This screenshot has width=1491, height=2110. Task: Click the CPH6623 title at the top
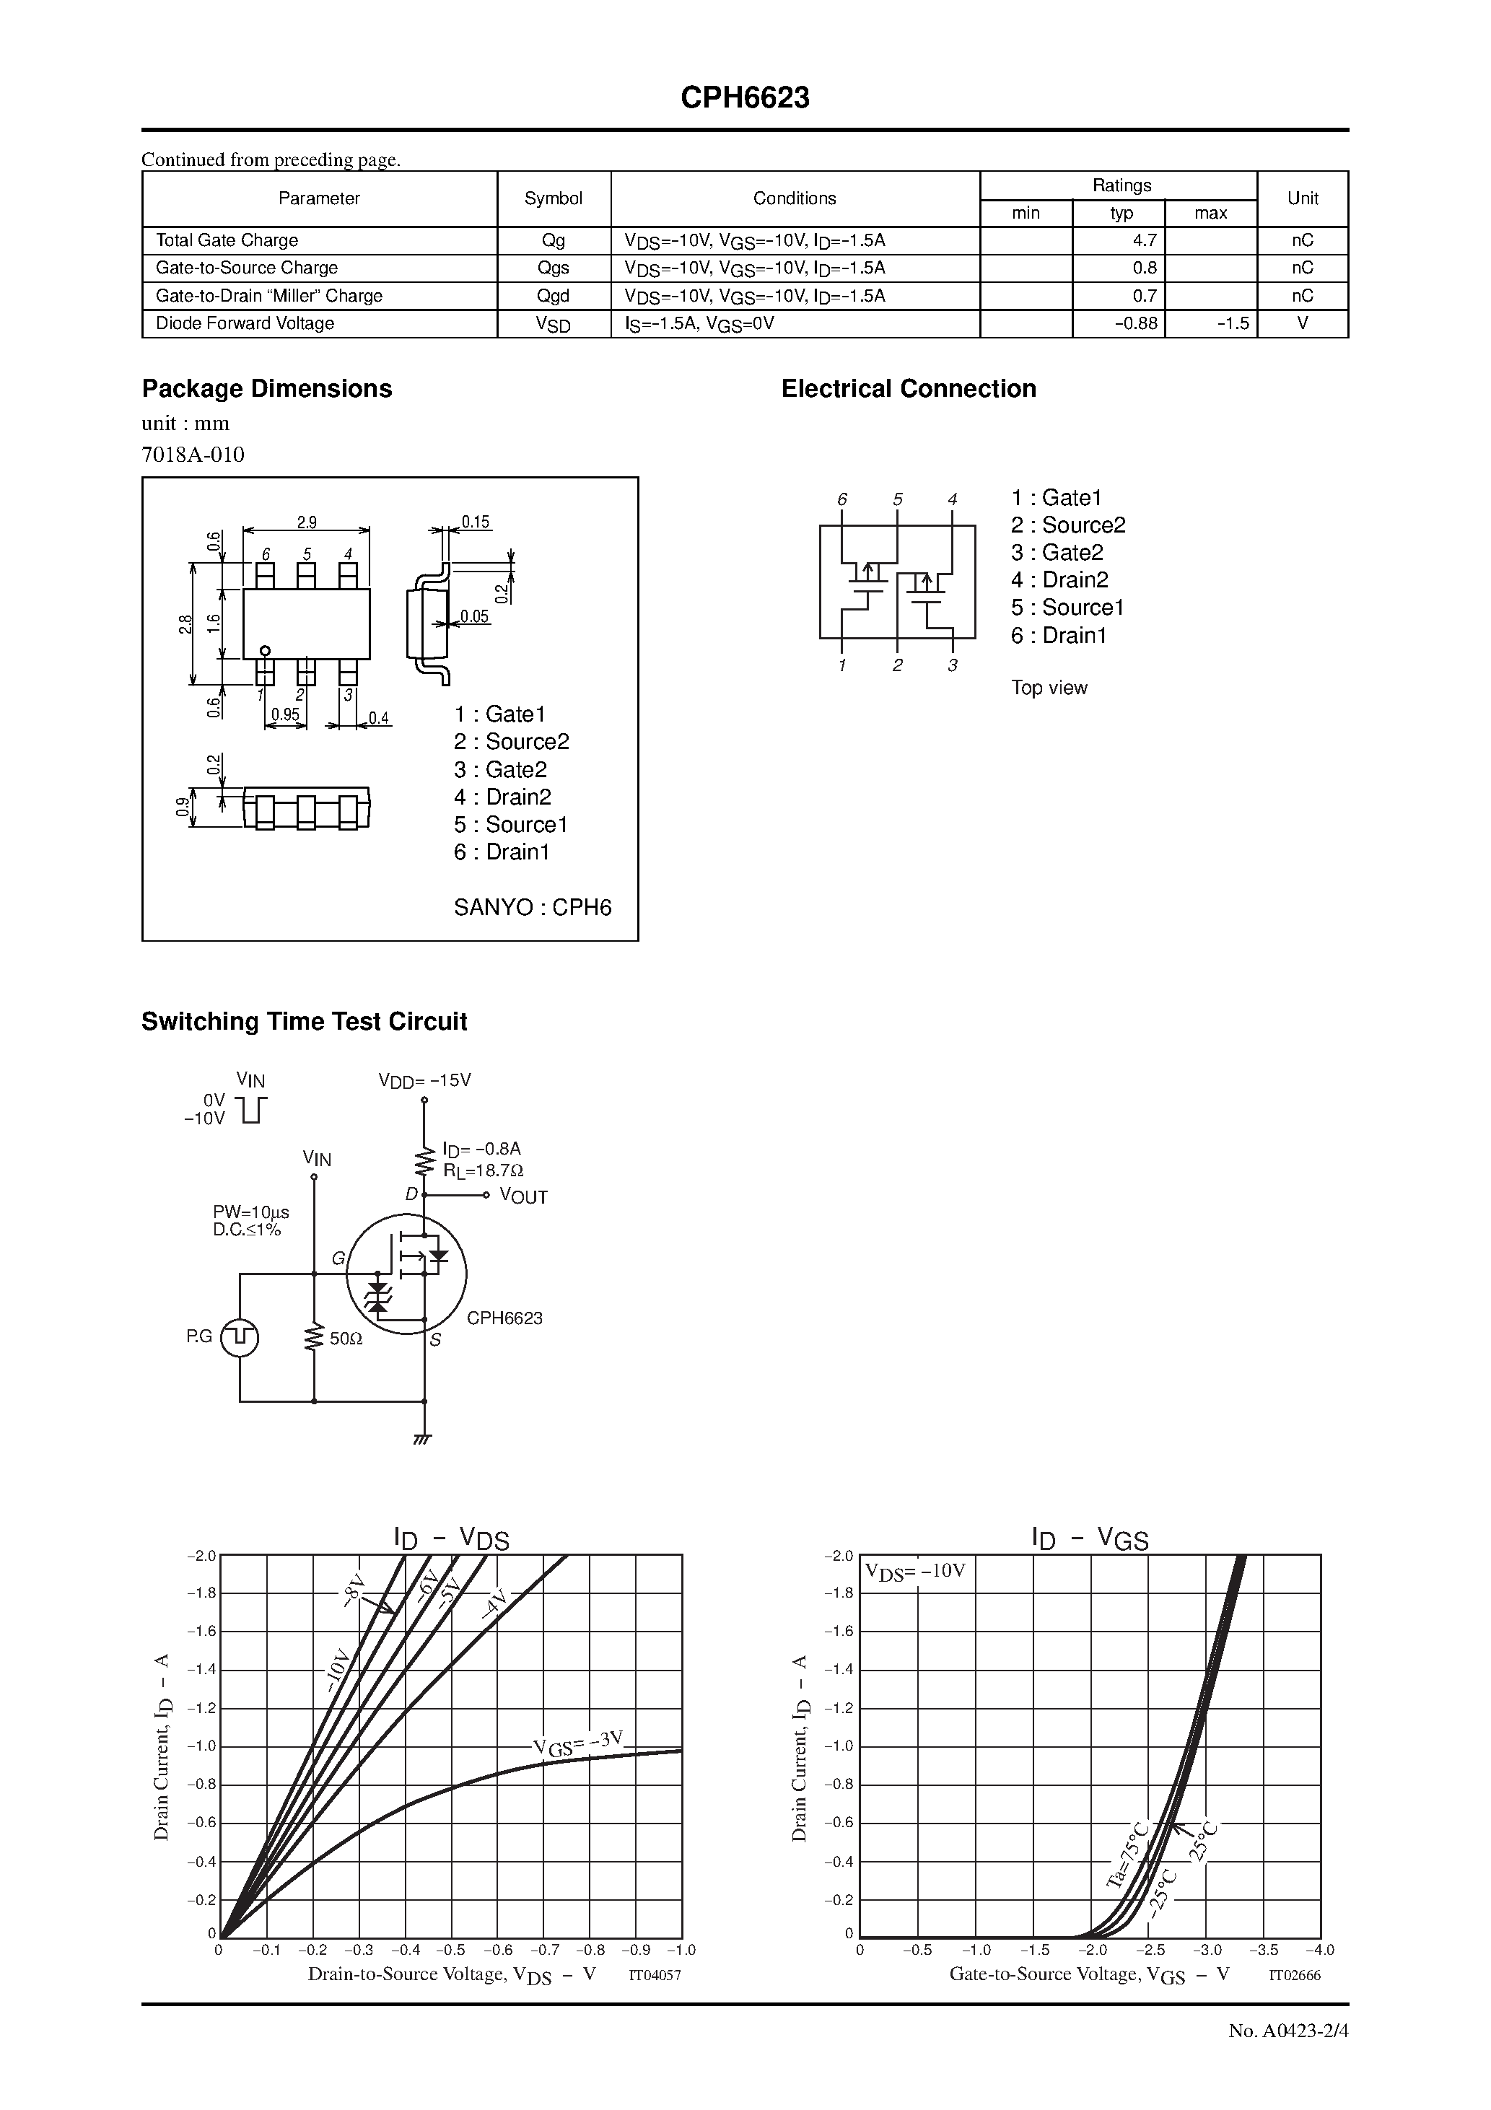pyautogui.click(x=745, y=98)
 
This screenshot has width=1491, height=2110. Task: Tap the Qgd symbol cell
pyautogui.click(x=554, y=296)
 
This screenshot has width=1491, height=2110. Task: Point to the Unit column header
pyautogui.click(x=1302, y=198)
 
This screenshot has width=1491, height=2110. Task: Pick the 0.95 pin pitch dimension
pyautogui.click(x=285, y=714)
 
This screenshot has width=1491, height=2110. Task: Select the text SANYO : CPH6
pyautogui.click(x=532, y=907)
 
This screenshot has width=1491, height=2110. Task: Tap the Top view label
pyautogui.click(x=1049, y=688)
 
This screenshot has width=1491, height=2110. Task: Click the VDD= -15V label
pyautogui.click(x=424, y=1081)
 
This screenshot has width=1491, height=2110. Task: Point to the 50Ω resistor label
pyautogui.click(x=346, y=1340)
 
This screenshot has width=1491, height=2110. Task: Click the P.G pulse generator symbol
pyautogui.click(x=240, y=1337)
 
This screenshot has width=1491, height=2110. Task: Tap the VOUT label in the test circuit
pyautogui.click(x=523, y=1196)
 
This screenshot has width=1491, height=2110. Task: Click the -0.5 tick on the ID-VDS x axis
pyautogui.click(x=450, y=1950)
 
